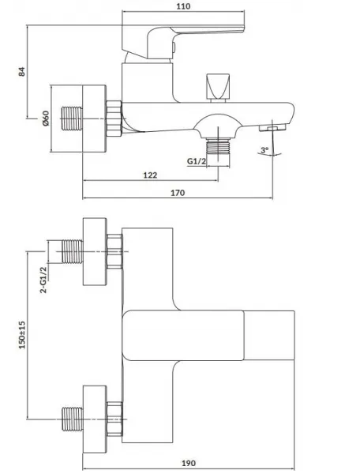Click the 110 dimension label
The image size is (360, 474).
coord(183,6)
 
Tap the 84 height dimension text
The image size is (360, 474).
coord(22,72)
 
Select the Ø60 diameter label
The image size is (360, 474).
coord(45,118)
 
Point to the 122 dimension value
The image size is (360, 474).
coord(150,175)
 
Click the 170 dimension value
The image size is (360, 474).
coord(178,193)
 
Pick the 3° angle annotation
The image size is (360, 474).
coord(264,149)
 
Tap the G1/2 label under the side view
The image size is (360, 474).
coord(197,161)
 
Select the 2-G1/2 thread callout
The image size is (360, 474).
coord(43,280)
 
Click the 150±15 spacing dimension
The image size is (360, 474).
coord(22,335)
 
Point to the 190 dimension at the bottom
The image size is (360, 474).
coord(189,463)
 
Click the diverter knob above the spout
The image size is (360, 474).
coord(218,88)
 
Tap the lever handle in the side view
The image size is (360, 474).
coord(183,43)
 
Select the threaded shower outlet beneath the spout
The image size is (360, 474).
coord(218,145)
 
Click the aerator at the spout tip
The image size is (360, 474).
coord(272,127)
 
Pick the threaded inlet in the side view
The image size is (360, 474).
coord(72,118)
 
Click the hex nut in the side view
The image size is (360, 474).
coord(114,118)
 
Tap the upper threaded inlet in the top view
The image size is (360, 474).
coord(72,251)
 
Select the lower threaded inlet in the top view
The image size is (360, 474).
coord(72,419)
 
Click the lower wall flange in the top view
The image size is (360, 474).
coord(95,419)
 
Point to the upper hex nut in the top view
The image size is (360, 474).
coord(114,251)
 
